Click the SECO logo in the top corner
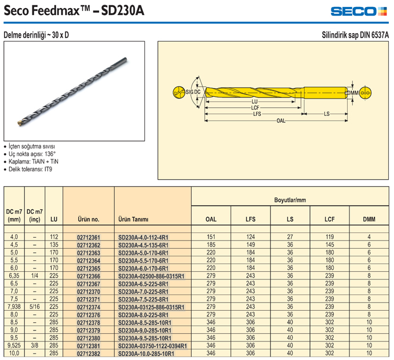[359, 12]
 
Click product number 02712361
[89, 237]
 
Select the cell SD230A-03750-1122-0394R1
[152, 346]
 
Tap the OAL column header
[211, 219]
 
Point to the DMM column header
[369, 219]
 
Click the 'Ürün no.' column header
[89, 219]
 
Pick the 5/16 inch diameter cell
[35, 307]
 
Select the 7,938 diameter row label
[14, 307]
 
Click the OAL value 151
[211, 237]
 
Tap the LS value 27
[290, 237]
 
